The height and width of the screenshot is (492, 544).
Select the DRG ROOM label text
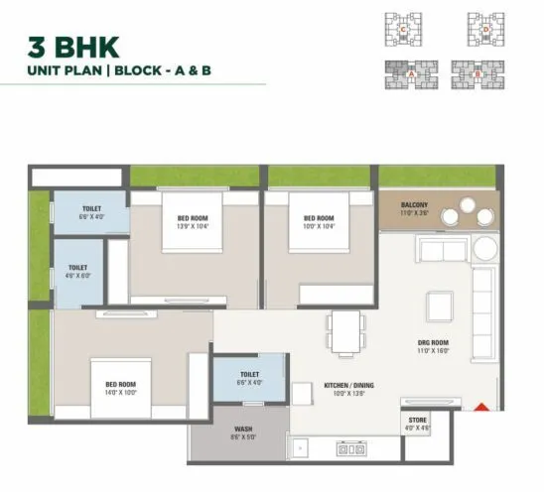coord(433,343)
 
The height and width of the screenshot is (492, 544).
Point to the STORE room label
coord(418,420)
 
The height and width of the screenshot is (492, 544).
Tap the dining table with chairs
coord(346,332)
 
